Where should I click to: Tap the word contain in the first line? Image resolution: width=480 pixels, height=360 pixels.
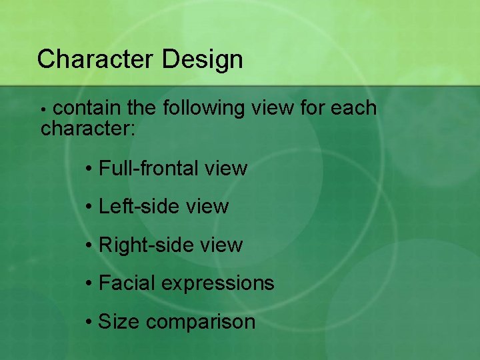click(x=86, y=108)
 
